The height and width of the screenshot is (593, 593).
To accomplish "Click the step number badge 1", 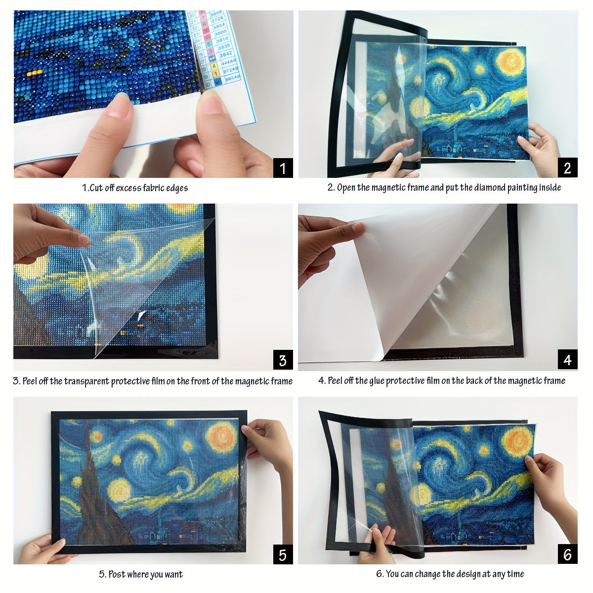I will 283,168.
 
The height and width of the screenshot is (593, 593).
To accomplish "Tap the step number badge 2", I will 567,168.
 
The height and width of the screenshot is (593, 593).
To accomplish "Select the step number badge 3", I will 283,360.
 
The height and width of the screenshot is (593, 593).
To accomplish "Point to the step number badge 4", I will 567,360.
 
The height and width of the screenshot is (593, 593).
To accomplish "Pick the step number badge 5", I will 283,554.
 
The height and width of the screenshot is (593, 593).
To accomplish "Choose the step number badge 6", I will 567,554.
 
